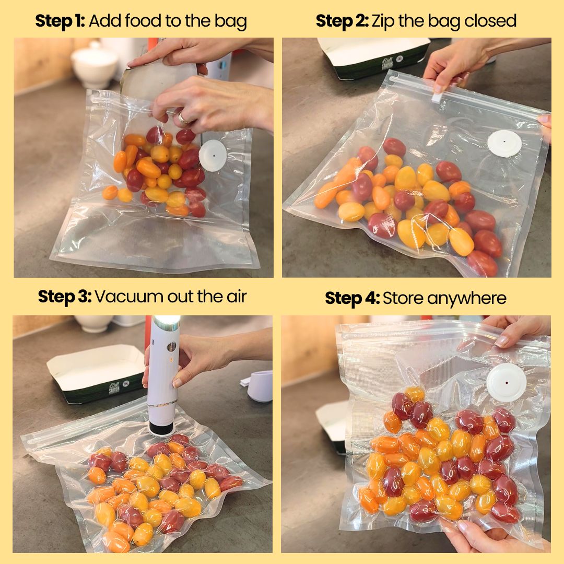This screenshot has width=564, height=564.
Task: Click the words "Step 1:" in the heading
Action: click(x=60, y=21)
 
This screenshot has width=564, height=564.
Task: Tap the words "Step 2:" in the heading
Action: click(x=342, y=21)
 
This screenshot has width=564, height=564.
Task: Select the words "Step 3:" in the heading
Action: click(x=65, y=297)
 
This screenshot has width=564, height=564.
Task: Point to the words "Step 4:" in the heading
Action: click(x=352, y=298)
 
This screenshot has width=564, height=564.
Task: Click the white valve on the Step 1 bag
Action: click(x=213, y=156)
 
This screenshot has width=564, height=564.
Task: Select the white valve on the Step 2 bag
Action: click(x=504, y=144)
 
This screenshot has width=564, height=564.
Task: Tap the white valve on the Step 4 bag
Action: click(x=506, y=382)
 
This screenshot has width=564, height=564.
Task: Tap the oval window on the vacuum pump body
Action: click(x=172, y=347)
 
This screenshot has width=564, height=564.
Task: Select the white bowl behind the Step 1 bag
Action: click(x=95, y=65)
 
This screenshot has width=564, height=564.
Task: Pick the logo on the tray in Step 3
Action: click(x=114, y=388)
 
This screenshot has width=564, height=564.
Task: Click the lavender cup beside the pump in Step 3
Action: click(x=260, y=386)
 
